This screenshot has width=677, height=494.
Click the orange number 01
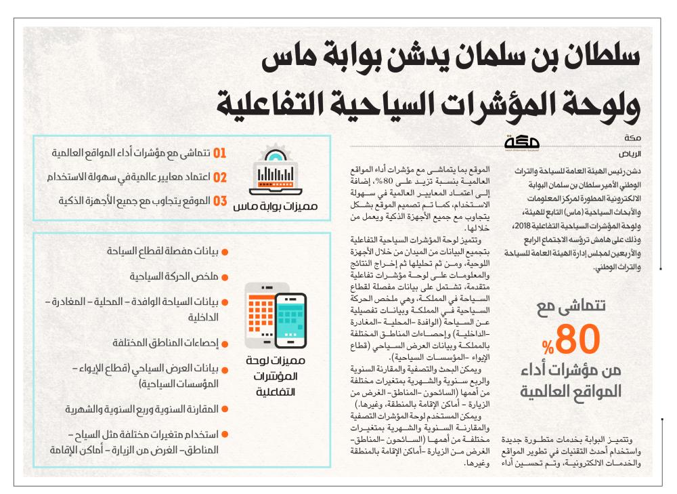point(219,153)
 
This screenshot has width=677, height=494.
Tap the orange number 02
point(219,178)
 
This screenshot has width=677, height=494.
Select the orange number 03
point(219,202)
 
